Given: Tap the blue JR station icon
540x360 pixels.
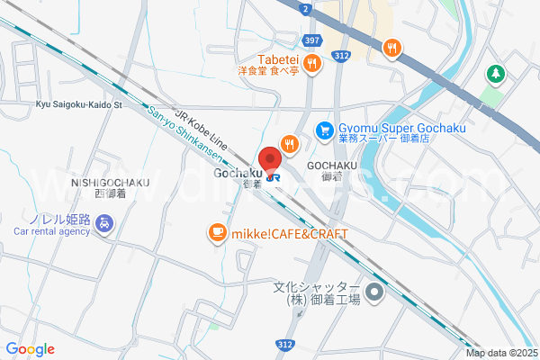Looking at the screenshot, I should (x=273, y=176).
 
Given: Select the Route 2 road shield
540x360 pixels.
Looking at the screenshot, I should (x=306, y=8).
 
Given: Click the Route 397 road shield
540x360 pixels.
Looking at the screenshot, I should (x=312, y=40).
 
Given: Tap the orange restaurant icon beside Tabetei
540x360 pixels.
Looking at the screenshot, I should (x=311, y=62).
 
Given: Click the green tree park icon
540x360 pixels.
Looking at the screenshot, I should (x=494, y=73).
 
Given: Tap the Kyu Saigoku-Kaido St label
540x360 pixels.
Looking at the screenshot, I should (x=78, y=104).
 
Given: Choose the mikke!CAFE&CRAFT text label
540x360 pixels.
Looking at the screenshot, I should (x=289, y=234).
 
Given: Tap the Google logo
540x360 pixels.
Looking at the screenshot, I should (x=30, y=349).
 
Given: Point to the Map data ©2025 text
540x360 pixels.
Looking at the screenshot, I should (x=500, y=353).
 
